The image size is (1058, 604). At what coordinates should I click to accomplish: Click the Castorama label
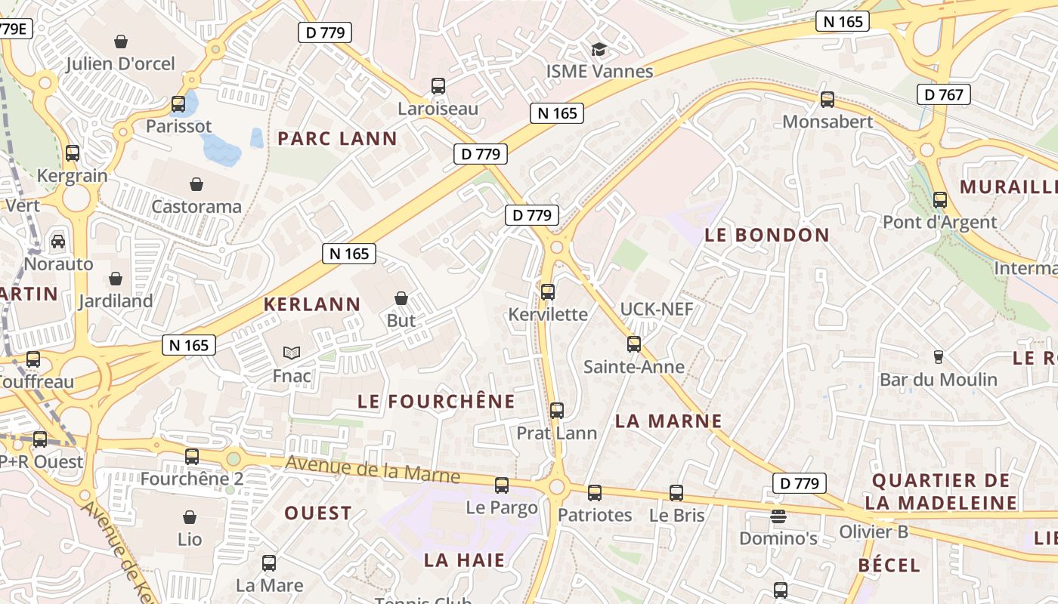tap(196, 206)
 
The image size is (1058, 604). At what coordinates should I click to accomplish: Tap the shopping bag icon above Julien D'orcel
tap(120, 41)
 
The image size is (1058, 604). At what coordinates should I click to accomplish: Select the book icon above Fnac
tap(292, 353)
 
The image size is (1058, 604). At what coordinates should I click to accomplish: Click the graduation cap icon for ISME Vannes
tap(599, 50)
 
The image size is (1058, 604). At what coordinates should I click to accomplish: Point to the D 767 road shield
tap(943, 94)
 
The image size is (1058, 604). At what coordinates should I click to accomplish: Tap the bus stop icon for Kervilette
tap(548, 291)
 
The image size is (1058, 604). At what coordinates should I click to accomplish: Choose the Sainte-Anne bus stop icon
tap(634, 344)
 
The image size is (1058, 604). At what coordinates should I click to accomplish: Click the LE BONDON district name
tap(767, 235)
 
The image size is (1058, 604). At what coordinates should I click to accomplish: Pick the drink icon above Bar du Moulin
tap(939, 356)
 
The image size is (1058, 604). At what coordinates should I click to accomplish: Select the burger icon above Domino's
tap(778, 516)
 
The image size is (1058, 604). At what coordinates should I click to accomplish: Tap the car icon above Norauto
tap(58, 242)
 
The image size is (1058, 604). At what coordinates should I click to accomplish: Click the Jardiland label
tap(116, 300)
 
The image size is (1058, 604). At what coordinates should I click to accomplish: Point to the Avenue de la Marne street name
tap(373, 469)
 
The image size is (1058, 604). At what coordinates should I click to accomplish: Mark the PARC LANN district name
tap(337, 138)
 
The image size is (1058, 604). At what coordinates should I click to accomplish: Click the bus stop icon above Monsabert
tap(828, 99)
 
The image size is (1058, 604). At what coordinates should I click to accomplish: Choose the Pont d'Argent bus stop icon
tap(940, 200)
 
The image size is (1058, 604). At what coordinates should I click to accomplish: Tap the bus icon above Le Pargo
tap(502, 485)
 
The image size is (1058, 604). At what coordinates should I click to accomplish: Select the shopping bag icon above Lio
tap(190, 517)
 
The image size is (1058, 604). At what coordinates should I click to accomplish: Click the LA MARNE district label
tap(669, 421)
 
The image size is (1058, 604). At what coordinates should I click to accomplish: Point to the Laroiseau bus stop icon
tap(438, 86)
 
